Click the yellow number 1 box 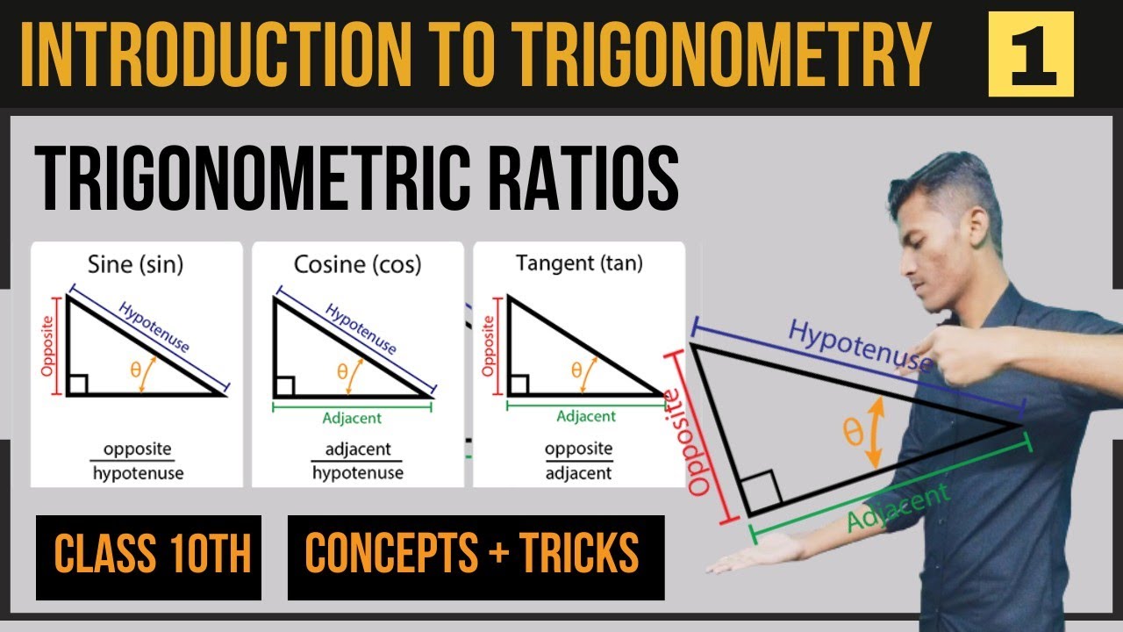pos(1031,54)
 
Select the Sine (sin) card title pos(136,262)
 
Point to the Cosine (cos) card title pos(357,262)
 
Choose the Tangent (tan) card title pos(579,262)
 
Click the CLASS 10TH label pos(149,557)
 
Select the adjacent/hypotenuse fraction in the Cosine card pos(358,461)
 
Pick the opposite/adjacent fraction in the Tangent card pos(579,461)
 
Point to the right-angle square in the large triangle pos(761,493)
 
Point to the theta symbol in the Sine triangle pos(136,370)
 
